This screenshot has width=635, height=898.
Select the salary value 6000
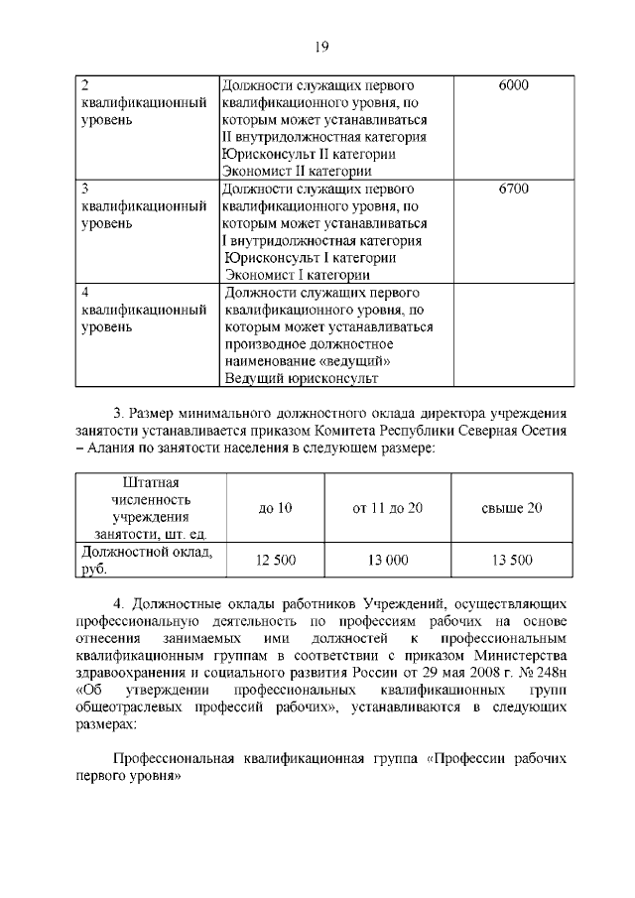click(513, 85)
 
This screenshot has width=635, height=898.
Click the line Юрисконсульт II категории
click(310, 154)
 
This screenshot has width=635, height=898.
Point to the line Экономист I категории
click(298, 275)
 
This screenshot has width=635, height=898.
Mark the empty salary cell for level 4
click(513, 334)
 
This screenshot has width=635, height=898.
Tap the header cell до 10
click(275, 508)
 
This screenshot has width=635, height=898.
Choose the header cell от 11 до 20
click(388, 508)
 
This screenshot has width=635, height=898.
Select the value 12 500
click(275, 561)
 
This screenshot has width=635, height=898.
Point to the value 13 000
click(388, 561)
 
